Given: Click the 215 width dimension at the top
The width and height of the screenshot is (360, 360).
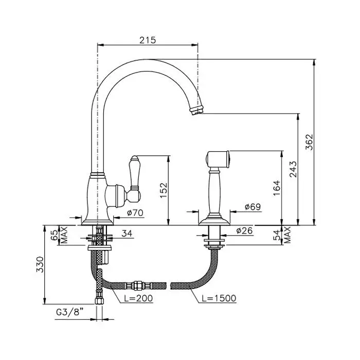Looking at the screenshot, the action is click(148, 40).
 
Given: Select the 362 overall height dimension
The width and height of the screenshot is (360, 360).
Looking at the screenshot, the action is click(309, 142).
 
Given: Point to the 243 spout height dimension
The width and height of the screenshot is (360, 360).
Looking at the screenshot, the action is click(293, 169).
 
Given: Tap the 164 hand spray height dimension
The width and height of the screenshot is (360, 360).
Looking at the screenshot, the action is click(277, 188).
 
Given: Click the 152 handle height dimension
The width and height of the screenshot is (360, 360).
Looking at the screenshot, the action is click(163, 190).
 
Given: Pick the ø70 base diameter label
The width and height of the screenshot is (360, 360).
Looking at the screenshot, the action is click(135, 212).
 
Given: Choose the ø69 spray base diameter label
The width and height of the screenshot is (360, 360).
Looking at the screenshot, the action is click(253, 207).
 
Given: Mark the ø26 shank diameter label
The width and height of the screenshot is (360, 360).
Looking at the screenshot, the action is click(244, 230).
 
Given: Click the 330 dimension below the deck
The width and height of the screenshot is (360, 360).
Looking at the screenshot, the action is click(40, 264).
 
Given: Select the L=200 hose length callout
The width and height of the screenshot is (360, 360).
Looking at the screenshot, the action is click(138, 298).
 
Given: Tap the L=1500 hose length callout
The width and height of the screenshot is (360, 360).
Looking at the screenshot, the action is click(219, 298).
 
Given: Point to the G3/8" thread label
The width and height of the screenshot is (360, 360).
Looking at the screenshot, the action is click(69, 312).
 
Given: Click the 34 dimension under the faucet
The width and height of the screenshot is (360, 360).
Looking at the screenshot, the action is click(127, 233).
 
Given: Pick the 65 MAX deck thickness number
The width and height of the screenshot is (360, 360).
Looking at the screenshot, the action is click(55, 235).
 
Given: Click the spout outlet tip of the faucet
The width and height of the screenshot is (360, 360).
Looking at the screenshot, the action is click(196, 111).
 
